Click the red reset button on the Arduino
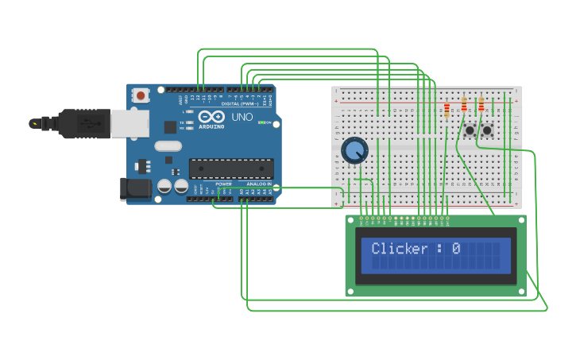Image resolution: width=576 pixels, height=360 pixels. click(141, 96)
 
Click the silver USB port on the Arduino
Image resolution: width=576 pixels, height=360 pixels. click(130, 123)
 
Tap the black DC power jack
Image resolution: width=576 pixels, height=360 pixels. click(134, 188)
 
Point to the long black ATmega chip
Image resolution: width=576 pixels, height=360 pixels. click(231, 168)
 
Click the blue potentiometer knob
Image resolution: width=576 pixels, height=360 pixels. click(354, 149)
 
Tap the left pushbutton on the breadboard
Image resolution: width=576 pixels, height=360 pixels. click(470, 130)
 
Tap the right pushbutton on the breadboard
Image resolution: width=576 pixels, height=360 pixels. click(487, 130)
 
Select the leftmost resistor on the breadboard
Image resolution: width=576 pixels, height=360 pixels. click(446, 109)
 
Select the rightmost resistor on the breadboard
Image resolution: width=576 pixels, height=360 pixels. click(481, 104)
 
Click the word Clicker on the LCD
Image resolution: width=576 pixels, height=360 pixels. click(400, 249)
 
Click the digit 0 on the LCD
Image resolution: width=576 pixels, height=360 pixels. click(456, 249)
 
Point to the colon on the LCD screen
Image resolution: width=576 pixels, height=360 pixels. click(439, 249)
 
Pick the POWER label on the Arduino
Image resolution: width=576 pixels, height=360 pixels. click(223, 184)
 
